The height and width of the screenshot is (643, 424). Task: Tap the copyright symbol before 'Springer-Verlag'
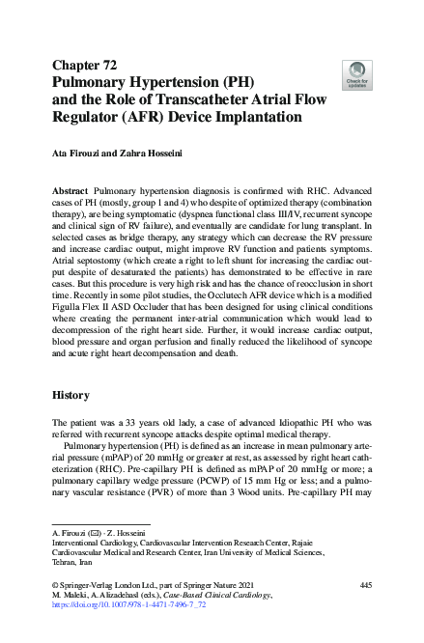54,586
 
